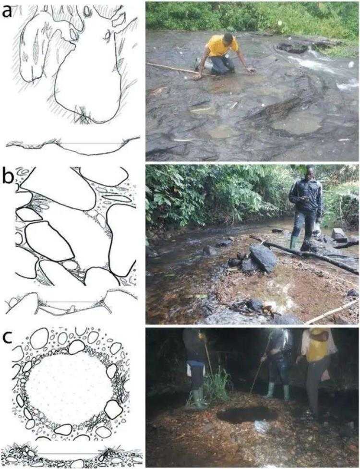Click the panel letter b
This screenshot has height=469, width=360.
coord(8,177)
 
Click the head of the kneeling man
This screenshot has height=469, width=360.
coord(228,37)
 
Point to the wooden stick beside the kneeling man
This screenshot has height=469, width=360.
coord(180,70)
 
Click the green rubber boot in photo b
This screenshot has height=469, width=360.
coord(294,242)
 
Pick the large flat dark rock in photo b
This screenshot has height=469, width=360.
coord(263,258)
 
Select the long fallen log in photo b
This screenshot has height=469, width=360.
coord(304,254)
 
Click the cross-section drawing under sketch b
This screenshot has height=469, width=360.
coord(72,304)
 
